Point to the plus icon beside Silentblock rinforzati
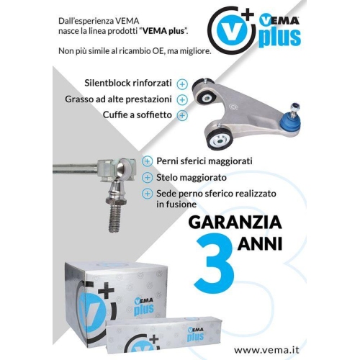coord(182,84)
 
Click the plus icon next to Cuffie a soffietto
coord(182,114)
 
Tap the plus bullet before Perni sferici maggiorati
coord(148,161)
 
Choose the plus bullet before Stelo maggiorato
coord(148,177)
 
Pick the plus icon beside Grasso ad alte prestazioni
coord(182,99)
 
